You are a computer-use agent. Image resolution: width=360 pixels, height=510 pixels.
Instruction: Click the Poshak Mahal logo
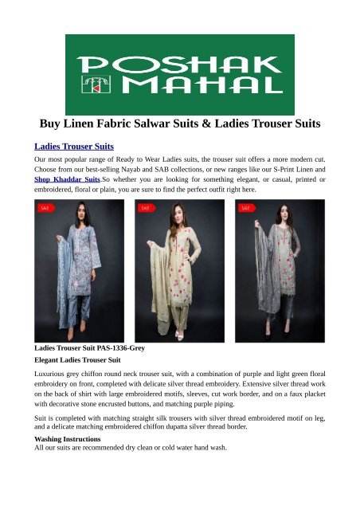[180, 74]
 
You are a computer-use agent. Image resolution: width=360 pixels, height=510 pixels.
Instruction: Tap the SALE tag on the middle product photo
[147, 208]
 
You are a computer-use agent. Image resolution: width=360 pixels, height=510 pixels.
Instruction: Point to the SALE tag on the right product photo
[247, 208]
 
